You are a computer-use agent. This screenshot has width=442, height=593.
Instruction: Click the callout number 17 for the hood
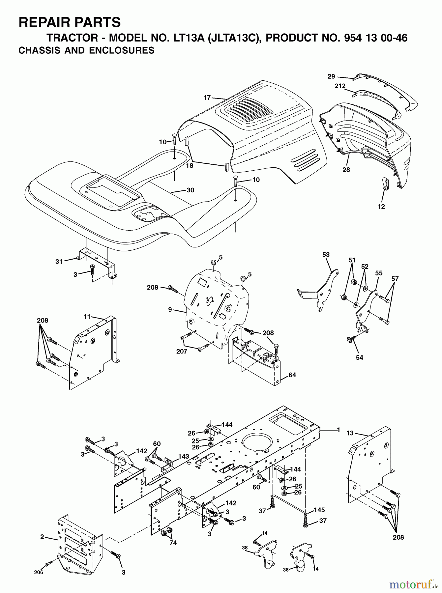click(207, 98)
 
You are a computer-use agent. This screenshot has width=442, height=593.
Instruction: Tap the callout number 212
click(340, 86)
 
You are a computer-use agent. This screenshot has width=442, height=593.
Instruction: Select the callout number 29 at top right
click(331, 76)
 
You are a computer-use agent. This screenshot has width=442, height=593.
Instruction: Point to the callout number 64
click(292, 375)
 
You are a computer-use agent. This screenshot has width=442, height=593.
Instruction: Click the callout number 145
click(319, 510)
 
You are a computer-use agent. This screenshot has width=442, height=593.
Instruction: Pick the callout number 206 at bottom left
click(38, 572)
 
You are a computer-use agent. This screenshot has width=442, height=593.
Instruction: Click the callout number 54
click(359, 357)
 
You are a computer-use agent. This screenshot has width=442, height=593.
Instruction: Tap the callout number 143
click(184, 456)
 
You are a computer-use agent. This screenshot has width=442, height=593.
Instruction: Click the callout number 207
click(182, 352)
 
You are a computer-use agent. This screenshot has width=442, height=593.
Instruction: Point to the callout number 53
click(326, 255)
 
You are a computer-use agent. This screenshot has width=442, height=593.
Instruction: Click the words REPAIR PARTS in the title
click(70, 22)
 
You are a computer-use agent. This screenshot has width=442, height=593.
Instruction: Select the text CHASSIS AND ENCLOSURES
click(86, 50)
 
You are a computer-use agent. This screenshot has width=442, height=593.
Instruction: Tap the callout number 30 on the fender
click(190, 190)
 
